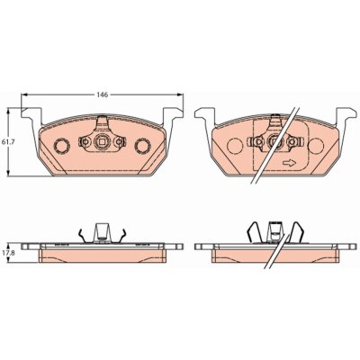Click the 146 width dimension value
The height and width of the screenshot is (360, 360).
tap(102, 94)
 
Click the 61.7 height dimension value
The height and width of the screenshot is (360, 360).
tap(6, 141)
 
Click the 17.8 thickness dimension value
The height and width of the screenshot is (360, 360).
tap(6, 253)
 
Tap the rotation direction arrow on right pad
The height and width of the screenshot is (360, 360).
tap(289, 163)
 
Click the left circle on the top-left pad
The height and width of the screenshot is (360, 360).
tap(62, 146)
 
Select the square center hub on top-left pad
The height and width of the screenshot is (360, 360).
tap(102, 141)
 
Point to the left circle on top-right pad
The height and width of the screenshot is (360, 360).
tap(235, 146)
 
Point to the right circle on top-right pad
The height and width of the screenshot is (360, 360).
tap(316, 146)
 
